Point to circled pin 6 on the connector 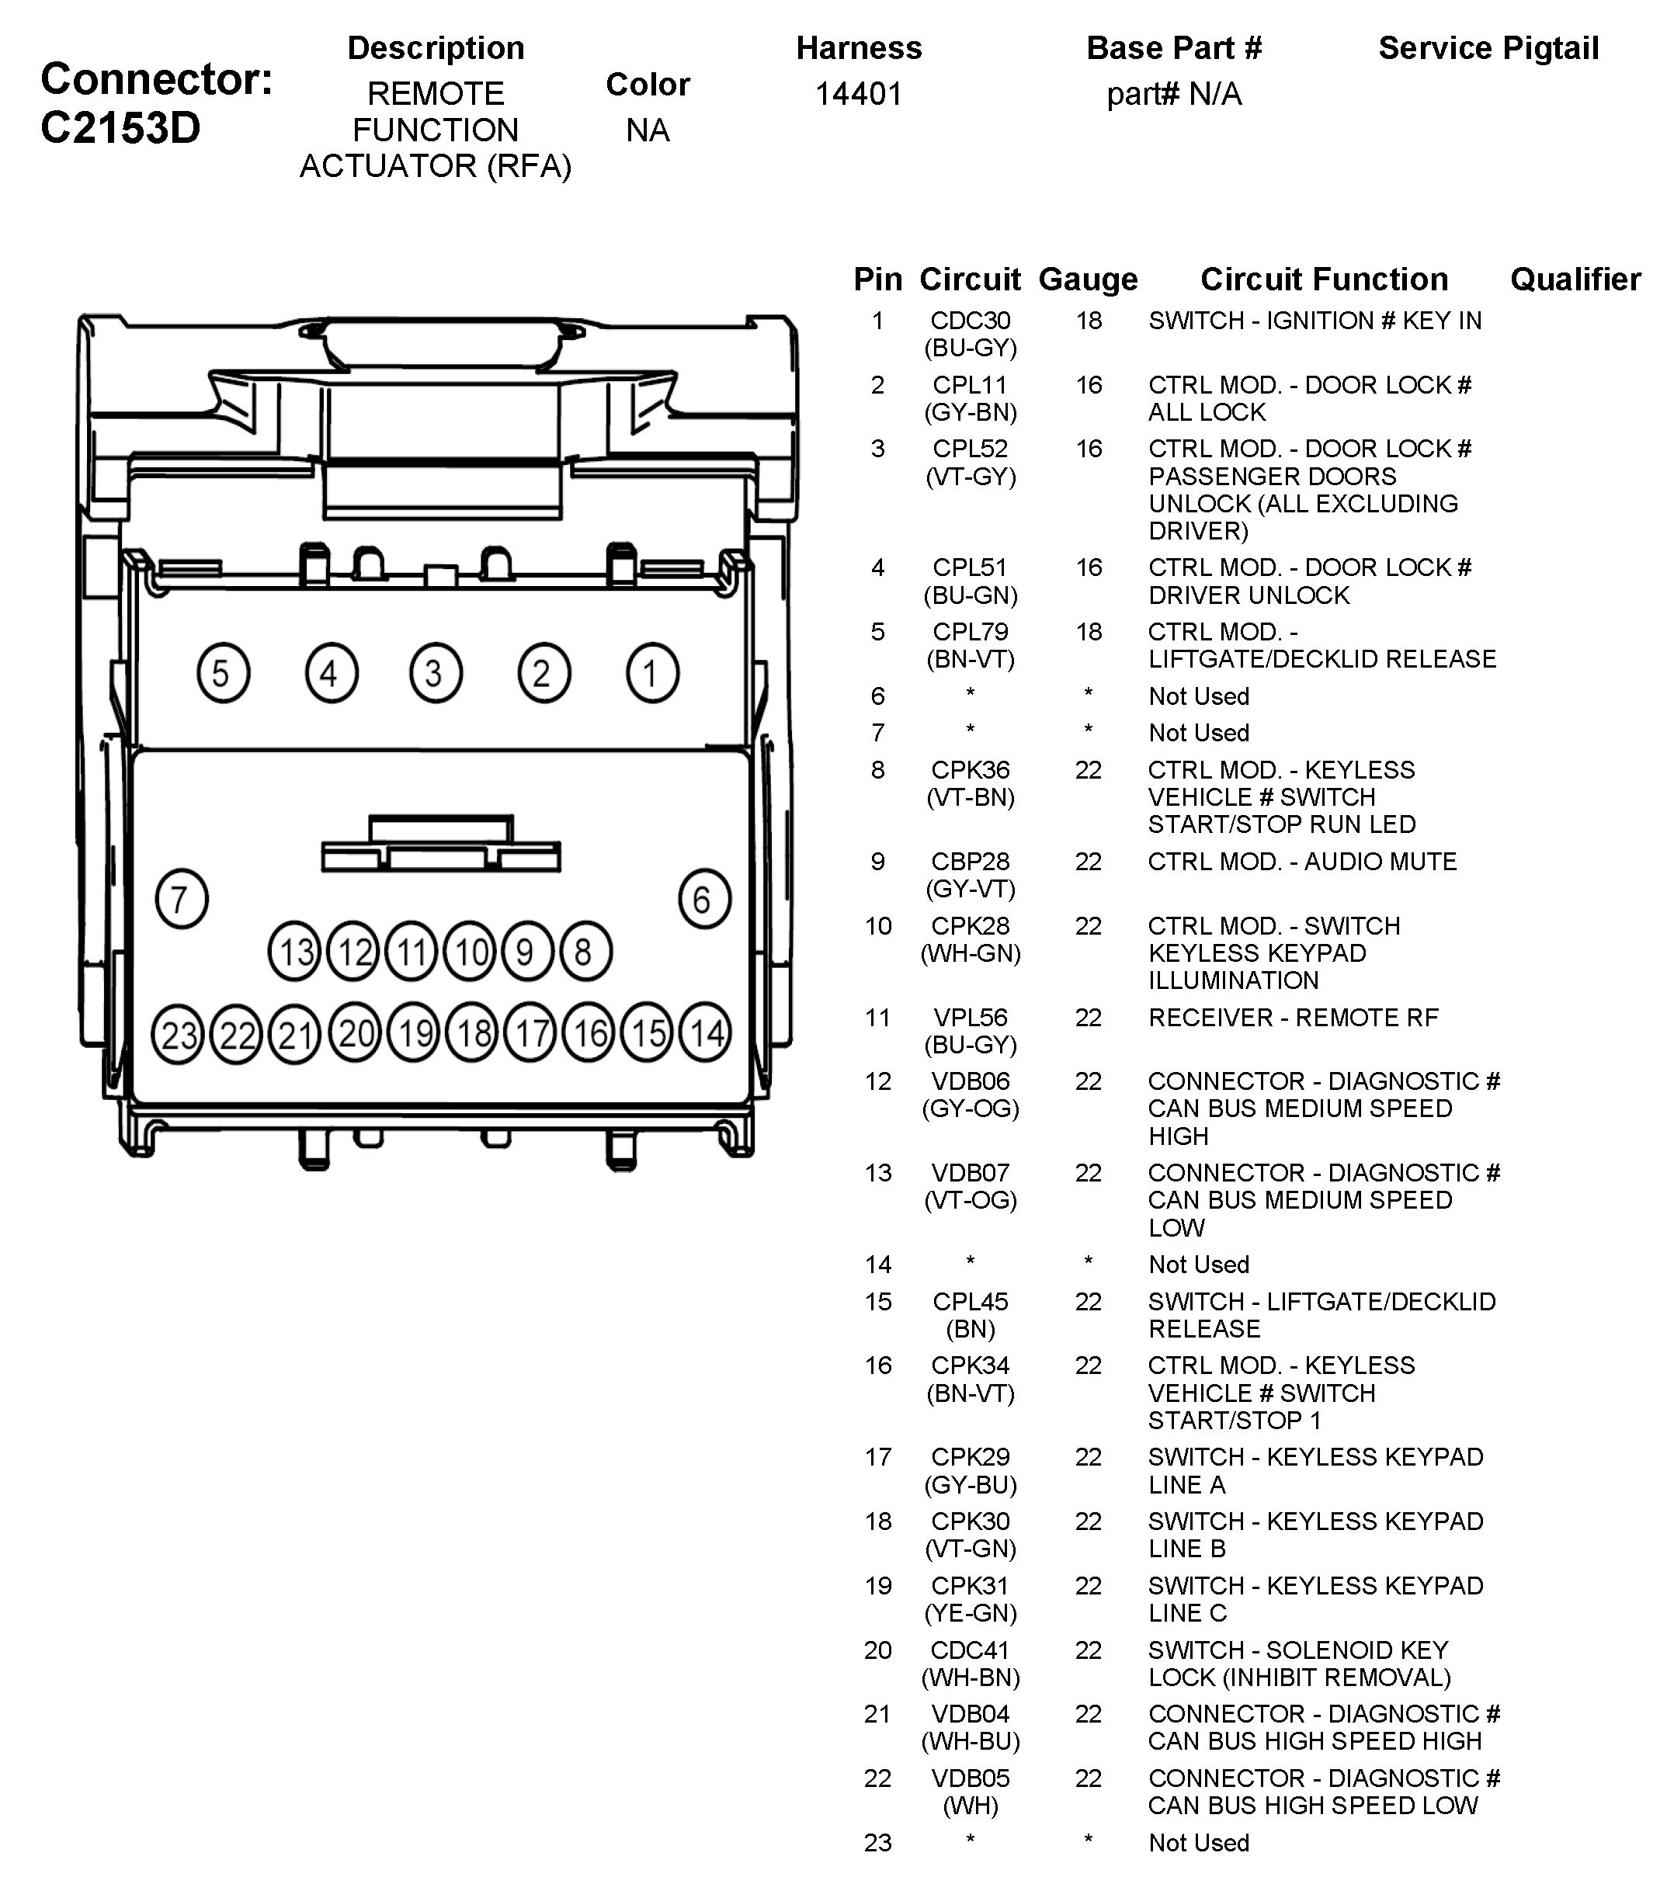704,898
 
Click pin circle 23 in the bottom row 178,1033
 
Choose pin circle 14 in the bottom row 705,1032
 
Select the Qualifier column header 1575,279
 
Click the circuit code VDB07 970,1172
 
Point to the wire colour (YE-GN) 970,1612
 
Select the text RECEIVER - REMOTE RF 1293,1018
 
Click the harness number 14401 858,93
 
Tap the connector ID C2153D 120,127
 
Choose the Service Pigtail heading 1488,48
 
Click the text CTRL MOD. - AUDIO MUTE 1302,862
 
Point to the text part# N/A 1173,93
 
